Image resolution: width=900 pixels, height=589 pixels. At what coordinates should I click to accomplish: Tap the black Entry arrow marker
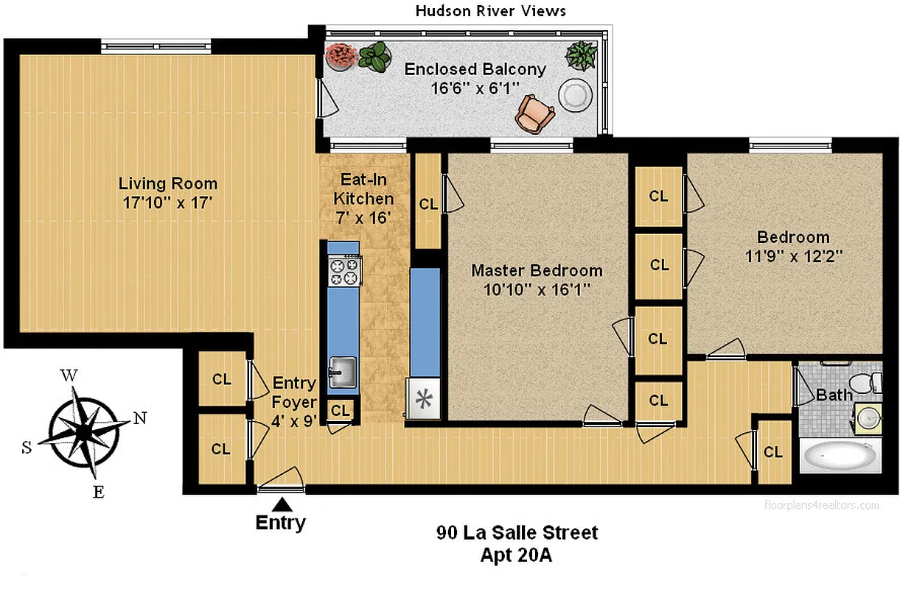(281, 504)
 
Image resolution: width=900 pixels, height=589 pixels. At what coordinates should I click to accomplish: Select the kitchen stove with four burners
(344, 271)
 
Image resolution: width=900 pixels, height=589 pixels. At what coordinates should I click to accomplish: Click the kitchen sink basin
(341, 372)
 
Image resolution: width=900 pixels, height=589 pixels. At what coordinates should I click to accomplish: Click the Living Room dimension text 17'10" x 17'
(168, 202)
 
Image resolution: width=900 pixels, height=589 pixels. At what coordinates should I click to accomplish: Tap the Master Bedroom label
(537, 270)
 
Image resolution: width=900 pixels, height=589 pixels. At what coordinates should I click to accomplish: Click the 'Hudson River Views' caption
(491, 10)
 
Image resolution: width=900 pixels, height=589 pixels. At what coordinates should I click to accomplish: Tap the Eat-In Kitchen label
(363, 189)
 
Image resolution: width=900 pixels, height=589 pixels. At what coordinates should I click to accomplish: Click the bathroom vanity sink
(869, 419)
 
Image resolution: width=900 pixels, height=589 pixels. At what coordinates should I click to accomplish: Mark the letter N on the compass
(139, 418)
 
